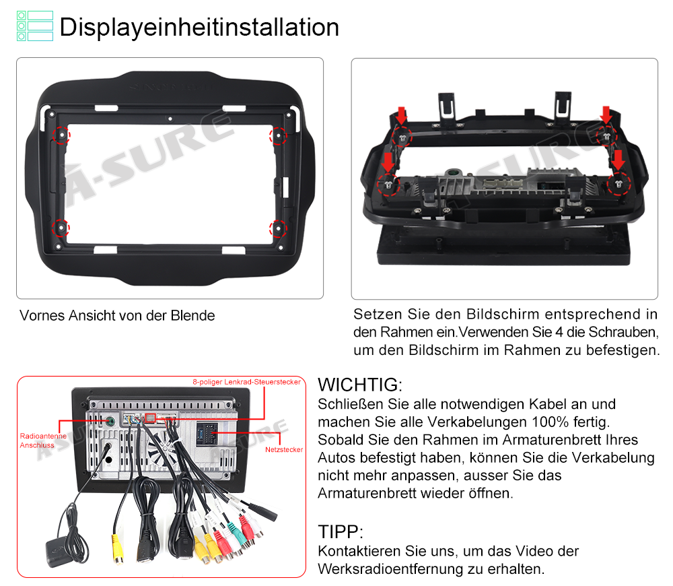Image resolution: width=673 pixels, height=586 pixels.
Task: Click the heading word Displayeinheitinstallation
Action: (x=199, y=27)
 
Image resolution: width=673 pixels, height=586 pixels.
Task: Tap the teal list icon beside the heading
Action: (x=35, y=26)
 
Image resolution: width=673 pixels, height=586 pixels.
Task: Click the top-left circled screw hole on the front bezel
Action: (x=61, y=135)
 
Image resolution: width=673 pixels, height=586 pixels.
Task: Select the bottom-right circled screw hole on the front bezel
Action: (x=278, y=228)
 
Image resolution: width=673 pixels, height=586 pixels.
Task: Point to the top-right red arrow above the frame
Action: (x=606, y=115)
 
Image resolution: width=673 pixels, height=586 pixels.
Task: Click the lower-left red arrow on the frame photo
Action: (x=388, y=162)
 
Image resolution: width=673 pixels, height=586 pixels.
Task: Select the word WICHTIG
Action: (x=359, y=385)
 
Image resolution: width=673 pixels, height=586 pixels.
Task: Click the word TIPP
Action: (x=341, y=532)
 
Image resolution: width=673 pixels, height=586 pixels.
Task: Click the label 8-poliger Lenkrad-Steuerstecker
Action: (x=247, y=382)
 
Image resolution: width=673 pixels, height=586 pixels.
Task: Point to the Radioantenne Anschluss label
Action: (x=43, y=441)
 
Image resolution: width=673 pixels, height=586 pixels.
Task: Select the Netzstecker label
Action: (x=284, y=449)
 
